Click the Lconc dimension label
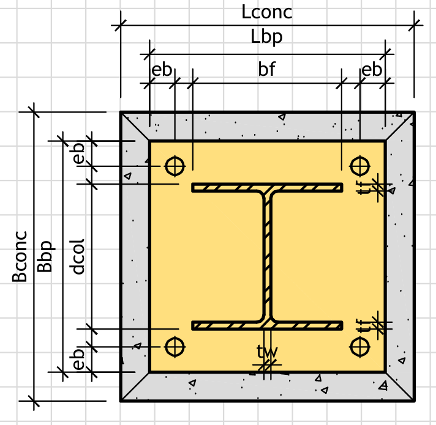tap(267, 12)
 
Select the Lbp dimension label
tap(267, 37)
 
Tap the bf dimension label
tap(266, 69)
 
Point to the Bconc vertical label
tap(20, 256)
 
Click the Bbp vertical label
tap(46, 256)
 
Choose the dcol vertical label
tap(78, 256)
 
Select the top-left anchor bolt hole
tap(175, 165)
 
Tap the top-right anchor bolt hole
tap(359, 165)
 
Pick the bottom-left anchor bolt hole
tap(175, 347)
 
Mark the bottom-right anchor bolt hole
tap(359, 347)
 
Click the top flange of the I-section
tap(267, 187)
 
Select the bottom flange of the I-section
tap(267, 325)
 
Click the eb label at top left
tap(162, 70)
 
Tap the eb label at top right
tap(372, 70)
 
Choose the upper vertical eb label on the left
tap(78, 153)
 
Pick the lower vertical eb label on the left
tap(78, 359)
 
